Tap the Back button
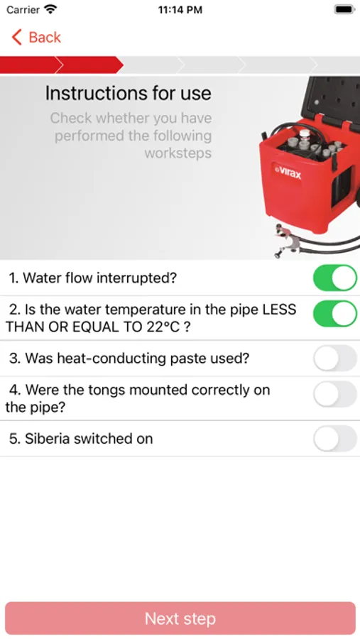click(36, 37)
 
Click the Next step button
click(180, 618)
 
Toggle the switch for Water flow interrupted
click(334, 278)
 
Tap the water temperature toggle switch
click(334, 314)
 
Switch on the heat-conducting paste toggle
click(334, 359)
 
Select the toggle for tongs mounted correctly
click(334, 394)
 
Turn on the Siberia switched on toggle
click(334, 439)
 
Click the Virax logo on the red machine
click(288, 173)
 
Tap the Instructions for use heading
click(128, 93)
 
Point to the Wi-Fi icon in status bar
click(50, 9)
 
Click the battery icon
click(344, 9)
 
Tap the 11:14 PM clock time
click(180, 10)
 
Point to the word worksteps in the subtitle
click(178, 153)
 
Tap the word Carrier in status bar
click(23, 10)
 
